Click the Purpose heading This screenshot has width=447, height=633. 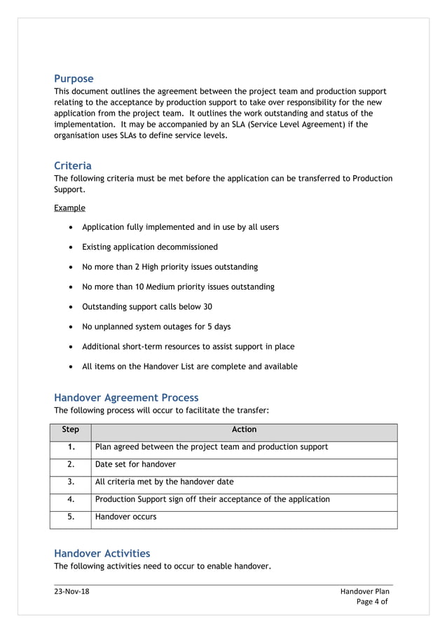(74, 79)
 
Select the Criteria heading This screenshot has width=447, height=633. (73, 165)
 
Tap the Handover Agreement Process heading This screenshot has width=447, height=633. (126, 397)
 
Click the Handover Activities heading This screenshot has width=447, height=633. (102, 553)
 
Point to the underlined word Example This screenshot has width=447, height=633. (69, 207)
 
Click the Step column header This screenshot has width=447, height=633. (71, 430)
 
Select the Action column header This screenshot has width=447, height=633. (244, 430)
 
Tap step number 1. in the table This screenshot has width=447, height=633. (71, 447)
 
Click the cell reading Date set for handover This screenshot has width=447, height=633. (135, 464)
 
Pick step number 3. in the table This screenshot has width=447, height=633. (71, 482)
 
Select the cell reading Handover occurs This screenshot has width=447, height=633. (125, 517)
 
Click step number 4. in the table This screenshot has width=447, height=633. (71, 499)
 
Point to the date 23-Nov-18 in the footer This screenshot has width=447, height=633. (71, 591)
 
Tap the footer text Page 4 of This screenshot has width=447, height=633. (371, 601)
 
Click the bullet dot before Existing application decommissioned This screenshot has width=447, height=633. (72, 247)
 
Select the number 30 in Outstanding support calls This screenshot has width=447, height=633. (207, 307)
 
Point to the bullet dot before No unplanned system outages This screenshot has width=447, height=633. (72, 327)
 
